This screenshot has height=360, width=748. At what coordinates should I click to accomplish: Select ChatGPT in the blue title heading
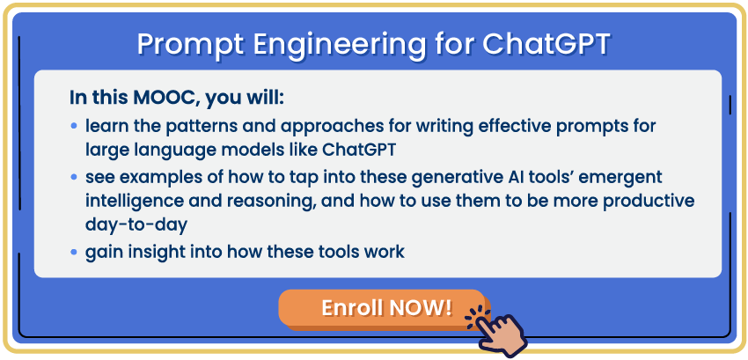point(546,44)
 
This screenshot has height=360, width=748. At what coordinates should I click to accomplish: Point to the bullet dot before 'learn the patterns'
point(73,126)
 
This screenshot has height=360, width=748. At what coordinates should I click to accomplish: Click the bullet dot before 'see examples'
point(73,177)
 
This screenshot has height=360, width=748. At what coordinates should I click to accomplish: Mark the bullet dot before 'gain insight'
point(73,251)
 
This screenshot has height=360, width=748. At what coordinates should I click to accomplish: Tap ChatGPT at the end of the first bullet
point(359,150)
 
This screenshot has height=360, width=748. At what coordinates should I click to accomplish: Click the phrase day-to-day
point(136,225)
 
